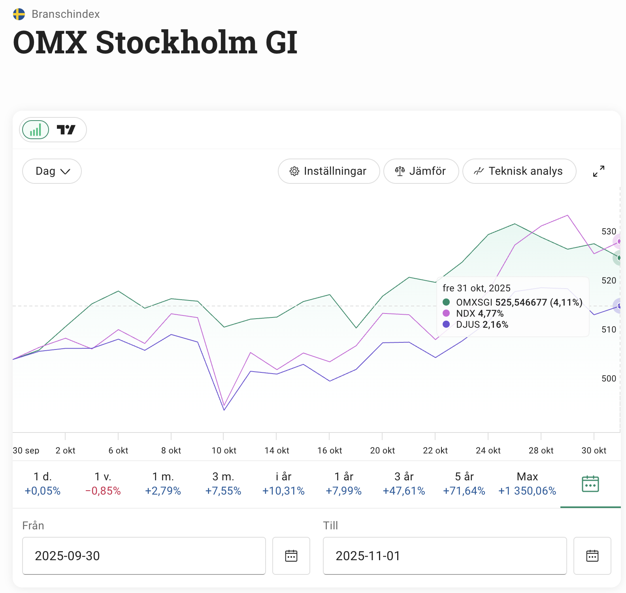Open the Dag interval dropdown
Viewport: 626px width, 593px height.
[52, 171]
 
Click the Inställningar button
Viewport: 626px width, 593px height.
[328, 171]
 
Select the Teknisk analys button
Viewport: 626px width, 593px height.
[519, 171]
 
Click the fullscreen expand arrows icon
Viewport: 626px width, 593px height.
[598, 171]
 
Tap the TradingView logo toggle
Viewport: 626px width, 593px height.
[66, 130]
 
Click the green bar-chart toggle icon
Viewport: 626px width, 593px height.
[36, 130]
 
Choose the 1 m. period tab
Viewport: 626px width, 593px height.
[163, 483]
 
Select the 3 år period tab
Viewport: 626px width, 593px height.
[404, 483]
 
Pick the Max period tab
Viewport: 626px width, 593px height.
[527, 483]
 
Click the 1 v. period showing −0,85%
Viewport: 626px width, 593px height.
[103, 483]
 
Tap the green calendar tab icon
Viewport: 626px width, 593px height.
[590, 483]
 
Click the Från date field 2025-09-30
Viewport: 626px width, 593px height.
[144, 555]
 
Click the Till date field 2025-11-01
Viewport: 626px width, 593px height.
[445, 555]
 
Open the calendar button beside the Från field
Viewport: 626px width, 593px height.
[291, 555]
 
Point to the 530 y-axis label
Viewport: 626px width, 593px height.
[609, 231]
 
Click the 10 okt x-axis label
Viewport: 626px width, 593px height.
[224, 450]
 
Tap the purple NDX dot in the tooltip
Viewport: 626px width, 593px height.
[446, 313]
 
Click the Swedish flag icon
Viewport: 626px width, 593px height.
[19, 14]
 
